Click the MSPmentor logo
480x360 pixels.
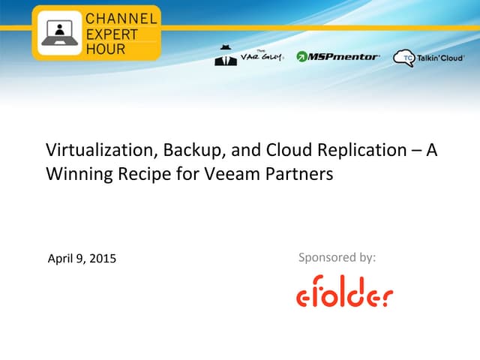[338, 56]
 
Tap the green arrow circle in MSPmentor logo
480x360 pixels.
[302, 56]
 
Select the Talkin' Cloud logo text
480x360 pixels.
[440, 57]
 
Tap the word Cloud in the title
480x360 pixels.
[285, 150]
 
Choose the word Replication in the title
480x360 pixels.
[355, 150]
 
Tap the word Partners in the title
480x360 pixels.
[293, 174]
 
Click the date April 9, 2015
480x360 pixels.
[82, 259]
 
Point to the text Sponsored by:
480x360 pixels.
[337, 257]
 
